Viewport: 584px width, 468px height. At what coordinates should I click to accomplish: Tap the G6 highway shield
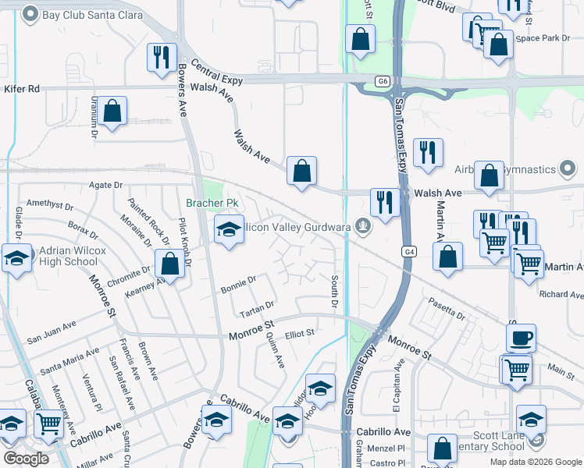pyautogui.click(x=382, y=80)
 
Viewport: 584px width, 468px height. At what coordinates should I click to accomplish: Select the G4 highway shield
pyautogui.click(x=409, y=251)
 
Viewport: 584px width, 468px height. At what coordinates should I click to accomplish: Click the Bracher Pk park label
pyautogui.click(x=211, y=203)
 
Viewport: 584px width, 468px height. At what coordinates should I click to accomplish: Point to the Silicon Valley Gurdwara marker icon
pyautogui.click(x=361, y=225)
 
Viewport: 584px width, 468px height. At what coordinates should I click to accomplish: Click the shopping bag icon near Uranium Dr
pyautogui.click(x=112, y=112)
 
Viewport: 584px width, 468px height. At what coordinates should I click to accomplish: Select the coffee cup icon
pyautogui.click(x=521, y=338)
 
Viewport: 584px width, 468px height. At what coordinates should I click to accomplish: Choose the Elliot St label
pyautogui.click(x=299, y=333)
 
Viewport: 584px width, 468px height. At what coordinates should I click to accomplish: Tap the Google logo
pyautogui.click(x=27, y=458)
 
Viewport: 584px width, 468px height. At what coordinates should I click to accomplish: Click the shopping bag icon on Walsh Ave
pyautogui.click(x=301, y=171)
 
